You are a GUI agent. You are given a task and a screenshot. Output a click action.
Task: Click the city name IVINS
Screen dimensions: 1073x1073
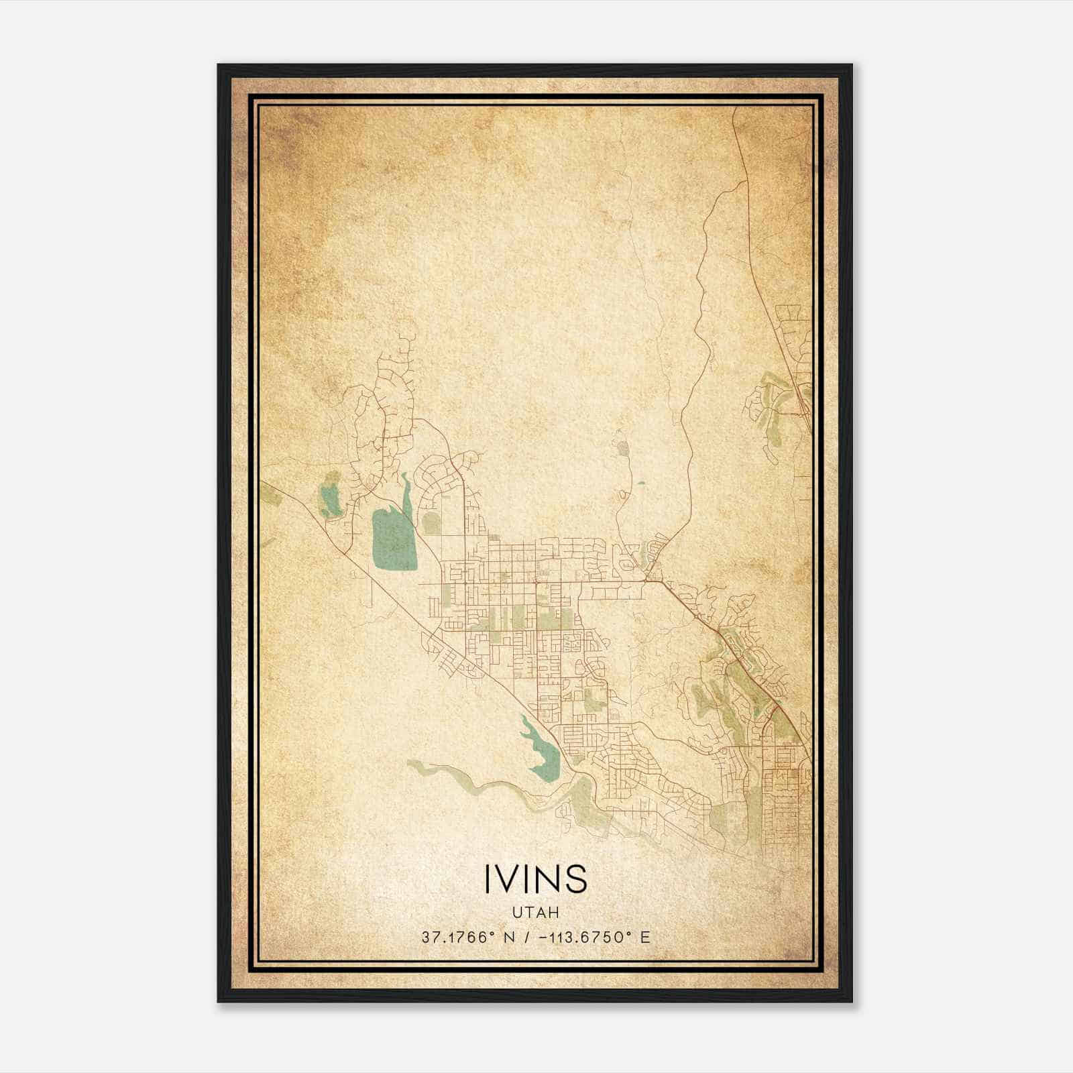[535, 878]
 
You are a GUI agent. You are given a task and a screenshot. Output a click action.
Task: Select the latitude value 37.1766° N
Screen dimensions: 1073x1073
[468, 938]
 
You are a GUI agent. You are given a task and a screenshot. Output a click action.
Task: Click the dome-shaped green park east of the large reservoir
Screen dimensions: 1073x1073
[432, 523]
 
